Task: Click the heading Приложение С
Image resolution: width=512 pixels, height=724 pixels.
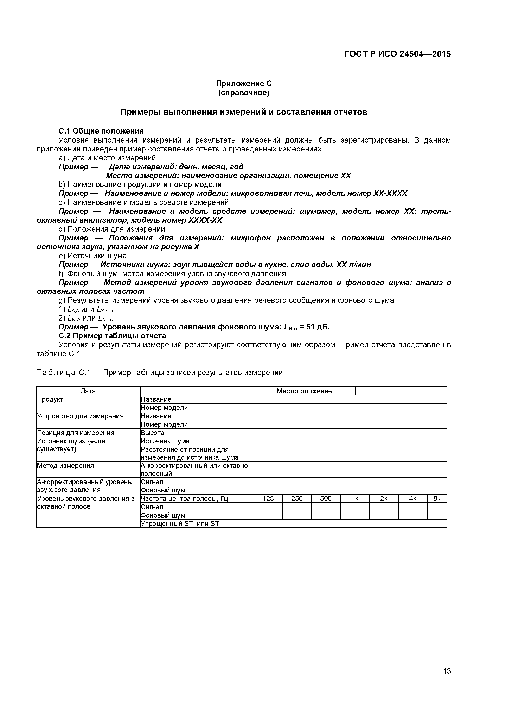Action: (244, 84)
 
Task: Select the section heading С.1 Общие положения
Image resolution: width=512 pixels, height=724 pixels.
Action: (101, 131)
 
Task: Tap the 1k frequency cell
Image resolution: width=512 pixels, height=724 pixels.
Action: (355, 499)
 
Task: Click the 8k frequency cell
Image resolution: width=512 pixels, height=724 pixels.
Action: (437, 499)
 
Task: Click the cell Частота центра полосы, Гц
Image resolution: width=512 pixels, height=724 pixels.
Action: (184, 499)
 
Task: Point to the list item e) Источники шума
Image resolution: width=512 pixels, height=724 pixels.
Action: (93, 256)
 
